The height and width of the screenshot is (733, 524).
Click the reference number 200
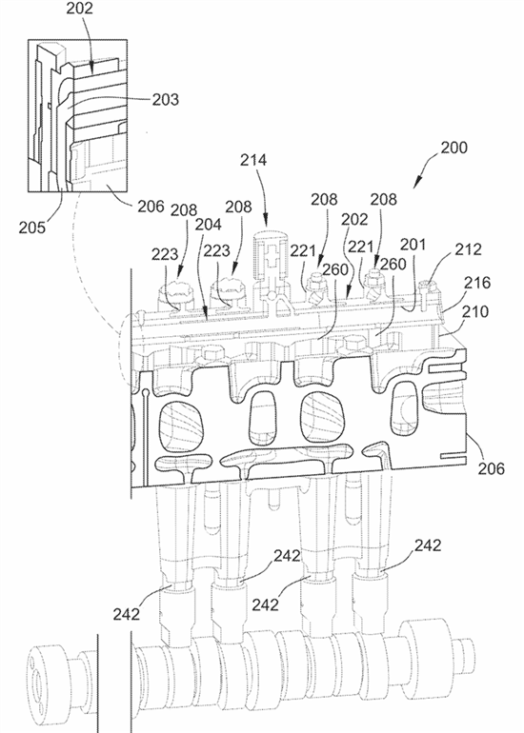pyautogui.click(x=453, y=148)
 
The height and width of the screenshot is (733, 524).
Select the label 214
pyautogui.click(x=253, y=160)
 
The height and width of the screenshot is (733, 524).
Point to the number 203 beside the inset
pyautogui.click(x=165, y=99)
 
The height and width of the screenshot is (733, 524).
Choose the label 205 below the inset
pyautogui.click(x=32, y=228)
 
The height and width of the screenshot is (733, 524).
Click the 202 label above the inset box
pyautogui.click(x=79, y=9)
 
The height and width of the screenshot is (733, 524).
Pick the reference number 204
pyautogui.click(x=208, y=225)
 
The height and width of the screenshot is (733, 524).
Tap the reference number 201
pyautogui.click(x=413, y=245)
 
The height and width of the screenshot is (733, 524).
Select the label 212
pyautogui.click(x=468, y=249)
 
